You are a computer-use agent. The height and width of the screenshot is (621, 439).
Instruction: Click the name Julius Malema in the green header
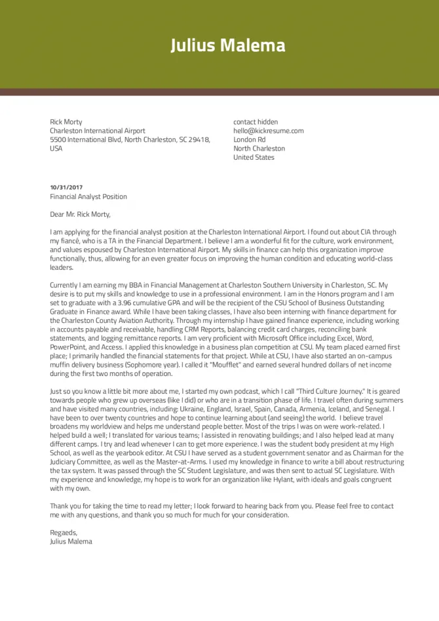[228, 45]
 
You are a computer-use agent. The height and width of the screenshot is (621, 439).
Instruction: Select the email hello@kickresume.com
[268, 131]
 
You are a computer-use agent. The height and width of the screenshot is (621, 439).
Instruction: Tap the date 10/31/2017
[66, 187]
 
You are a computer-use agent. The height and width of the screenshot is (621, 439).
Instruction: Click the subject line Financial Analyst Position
[88, 197]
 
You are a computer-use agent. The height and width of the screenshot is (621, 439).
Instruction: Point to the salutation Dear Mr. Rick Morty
[81, 214]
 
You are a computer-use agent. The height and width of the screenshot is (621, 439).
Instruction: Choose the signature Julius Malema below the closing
[71, 542]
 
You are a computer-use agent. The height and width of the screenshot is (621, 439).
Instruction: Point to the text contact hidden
[256, 122]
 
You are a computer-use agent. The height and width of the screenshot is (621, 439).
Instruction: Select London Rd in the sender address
[249, 140]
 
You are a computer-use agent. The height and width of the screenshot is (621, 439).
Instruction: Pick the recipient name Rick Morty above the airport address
[66, 122]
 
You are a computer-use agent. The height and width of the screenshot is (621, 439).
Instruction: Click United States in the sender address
[254, 157]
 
